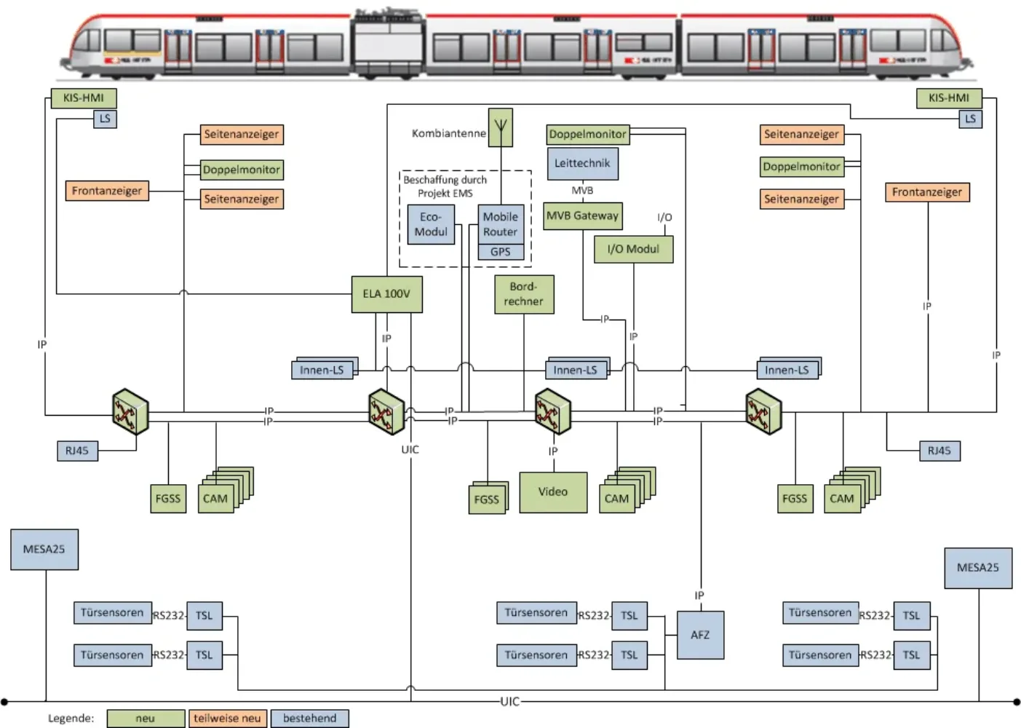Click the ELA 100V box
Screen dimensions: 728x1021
[386, 294]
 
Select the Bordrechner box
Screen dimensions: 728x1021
[524, 294]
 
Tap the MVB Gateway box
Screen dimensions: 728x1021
[583, 215]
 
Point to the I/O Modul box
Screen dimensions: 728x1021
[633, 249]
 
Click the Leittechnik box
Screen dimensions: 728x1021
[582, 163]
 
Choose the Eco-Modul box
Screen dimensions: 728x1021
[431, 224]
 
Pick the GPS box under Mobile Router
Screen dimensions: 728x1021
[501, 252]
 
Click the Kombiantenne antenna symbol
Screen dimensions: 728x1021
[501, 127]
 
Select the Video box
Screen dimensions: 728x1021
[553, 492]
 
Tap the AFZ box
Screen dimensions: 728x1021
[700, 635]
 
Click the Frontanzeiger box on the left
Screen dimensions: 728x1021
[107, 191]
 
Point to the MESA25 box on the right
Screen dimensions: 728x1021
[978, 568]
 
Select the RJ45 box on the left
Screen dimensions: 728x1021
[77, 451]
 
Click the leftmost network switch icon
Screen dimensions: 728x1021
[130, 412]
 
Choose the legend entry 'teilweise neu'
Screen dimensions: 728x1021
[227, 719]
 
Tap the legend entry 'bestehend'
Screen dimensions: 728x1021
[310, 719]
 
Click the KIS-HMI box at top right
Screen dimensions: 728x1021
[948, 98]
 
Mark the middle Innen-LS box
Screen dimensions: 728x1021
[575, 370]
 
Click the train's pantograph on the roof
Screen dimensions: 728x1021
[387, 14]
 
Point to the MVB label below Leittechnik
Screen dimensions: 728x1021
[582, 191]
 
